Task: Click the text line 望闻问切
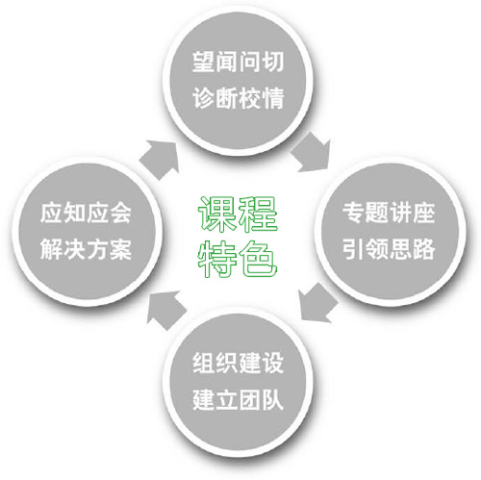coord(238,62)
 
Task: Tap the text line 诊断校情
coord(238,98)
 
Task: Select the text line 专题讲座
coord(389,213)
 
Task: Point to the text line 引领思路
coord(389,249)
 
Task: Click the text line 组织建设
coord(238,363)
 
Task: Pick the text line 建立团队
coord(238,399)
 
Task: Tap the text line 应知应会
coord(86,213)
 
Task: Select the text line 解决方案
coord(86,249)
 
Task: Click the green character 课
coord(217,214)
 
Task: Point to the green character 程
coord(258,214)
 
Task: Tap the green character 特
coord(217,259)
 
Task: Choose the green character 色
coord(258,259)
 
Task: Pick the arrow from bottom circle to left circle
coord(165,310)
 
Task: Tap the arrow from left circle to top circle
coord(161,160)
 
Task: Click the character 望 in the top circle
coord(203,62)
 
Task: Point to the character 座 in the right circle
coord(424,213)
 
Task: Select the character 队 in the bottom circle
coord(273,399)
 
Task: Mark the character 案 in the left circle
coord(121,249)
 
